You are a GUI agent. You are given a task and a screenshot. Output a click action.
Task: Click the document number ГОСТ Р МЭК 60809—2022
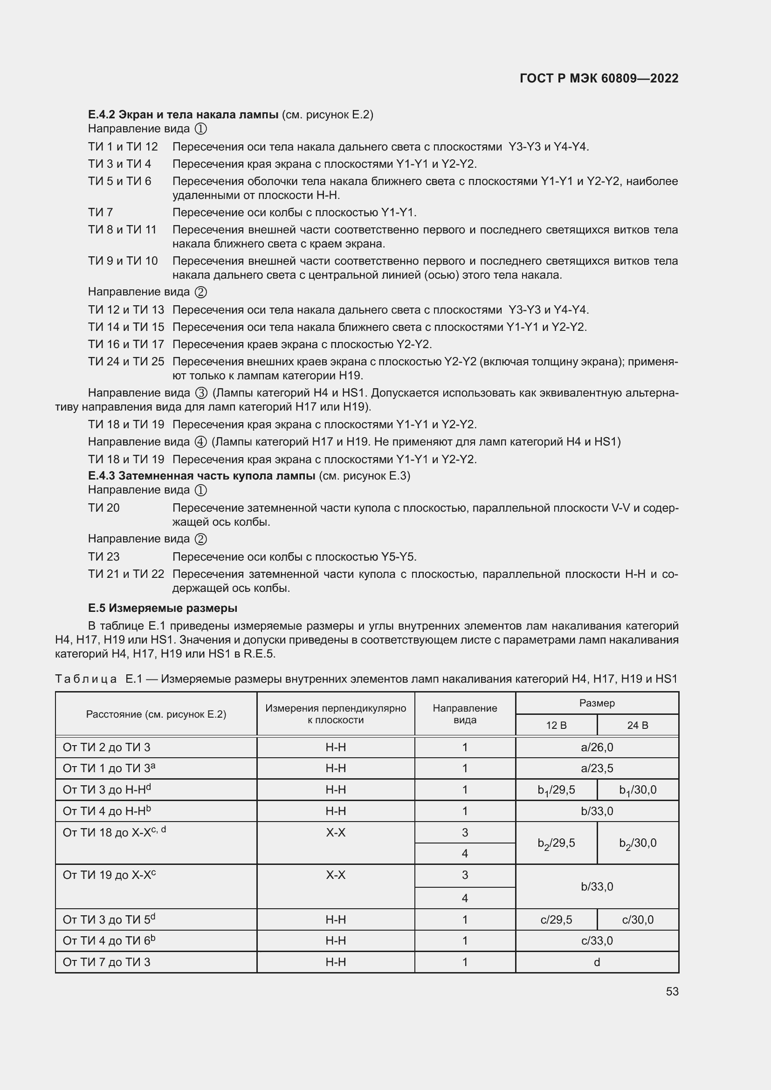(x=599, y=78)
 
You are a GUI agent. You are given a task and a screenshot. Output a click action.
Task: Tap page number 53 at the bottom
(x=672, y=991)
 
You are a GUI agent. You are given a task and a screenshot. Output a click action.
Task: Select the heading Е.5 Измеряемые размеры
(x=162, y=608)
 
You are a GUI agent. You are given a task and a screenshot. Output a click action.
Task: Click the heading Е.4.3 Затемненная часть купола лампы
(x=202, y=476)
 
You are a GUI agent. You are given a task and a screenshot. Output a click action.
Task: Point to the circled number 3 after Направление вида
(x=201, y=393)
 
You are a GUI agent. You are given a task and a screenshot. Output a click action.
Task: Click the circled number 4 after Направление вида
(x=201, y=442)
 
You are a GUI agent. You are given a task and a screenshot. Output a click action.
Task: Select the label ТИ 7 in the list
(x=100, y=212)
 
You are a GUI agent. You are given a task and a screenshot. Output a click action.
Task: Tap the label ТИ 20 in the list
(x=103, y=508)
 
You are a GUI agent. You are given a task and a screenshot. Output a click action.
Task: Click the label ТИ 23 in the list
(x=103, y=556)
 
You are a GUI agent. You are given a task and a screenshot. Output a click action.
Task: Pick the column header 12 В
(x=556, y=726)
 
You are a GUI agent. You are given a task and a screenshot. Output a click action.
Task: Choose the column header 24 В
(x=637, y=726)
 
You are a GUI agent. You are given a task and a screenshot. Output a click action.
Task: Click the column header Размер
(x=597, y=703)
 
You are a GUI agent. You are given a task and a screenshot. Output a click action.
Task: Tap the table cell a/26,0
(x=597, y=747)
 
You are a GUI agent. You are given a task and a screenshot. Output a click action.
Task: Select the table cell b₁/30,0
(x=637, y=790)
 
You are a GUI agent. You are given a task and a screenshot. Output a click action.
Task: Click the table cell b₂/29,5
(x=556, y=843)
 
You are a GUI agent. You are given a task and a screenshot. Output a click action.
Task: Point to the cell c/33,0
(x=597, y=940)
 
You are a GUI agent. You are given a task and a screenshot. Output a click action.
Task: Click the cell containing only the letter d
(x=597, y=962)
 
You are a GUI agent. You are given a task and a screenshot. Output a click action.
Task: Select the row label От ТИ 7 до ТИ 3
(x=106, y=962)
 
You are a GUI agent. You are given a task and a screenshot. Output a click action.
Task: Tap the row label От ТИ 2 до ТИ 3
(x=106, y=747)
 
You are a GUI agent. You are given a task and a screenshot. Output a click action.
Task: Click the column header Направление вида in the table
(x=465, y=714)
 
